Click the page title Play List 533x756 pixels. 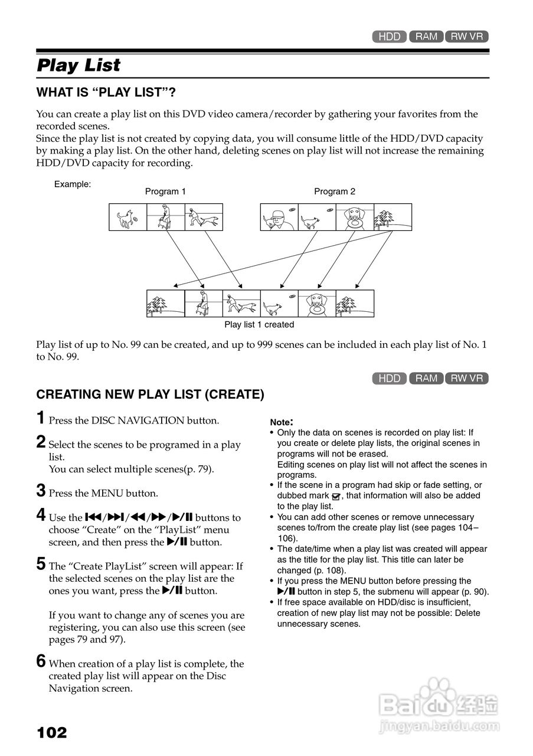pos(79,66)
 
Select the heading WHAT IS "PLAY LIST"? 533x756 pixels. pos(106,93)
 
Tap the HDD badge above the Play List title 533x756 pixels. pos(390,37)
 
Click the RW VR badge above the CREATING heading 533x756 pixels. pos(467,379)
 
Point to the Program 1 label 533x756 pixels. pos(165,191)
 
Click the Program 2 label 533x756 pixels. pos(335,191)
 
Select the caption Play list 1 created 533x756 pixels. pos(259,324)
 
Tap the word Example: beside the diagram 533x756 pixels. pos(73,184)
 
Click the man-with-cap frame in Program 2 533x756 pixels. pos(279,217)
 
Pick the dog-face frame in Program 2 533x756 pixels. pos(355,217)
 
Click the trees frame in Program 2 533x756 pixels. pos(393,217)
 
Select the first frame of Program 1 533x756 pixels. pos(127,217)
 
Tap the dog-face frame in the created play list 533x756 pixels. pos(317,304)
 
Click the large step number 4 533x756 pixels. pos(41,516)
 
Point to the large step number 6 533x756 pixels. pos(41,661)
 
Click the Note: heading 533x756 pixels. pos(282,422)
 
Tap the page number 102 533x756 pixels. pos(52,733)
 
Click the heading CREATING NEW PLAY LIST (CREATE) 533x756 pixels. pos(150,395)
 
